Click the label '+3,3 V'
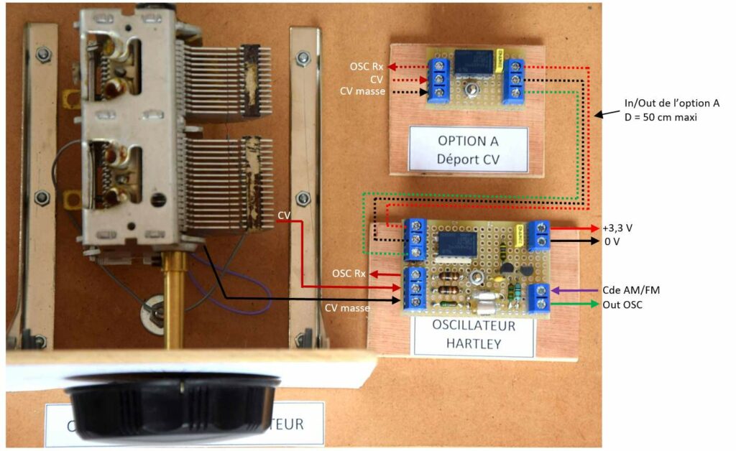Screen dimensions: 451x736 click(620, 228)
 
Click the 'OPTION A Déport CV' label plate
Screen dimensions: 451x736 click(467, 149)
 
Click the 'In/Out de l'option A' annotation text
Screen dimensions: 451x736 click(671, 103)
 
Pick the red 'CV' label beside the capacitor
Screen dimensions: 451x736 click(284, 215)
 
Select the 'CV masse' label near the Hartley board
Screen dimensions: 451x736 click(346, 308)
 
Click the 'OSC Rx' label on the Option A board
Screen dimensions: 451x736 click(366, 67)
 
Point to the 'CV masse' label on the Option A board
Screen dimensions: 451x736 click(364, 91)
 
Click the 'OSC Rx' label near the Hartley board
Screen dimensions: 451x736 click(349, 274)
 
